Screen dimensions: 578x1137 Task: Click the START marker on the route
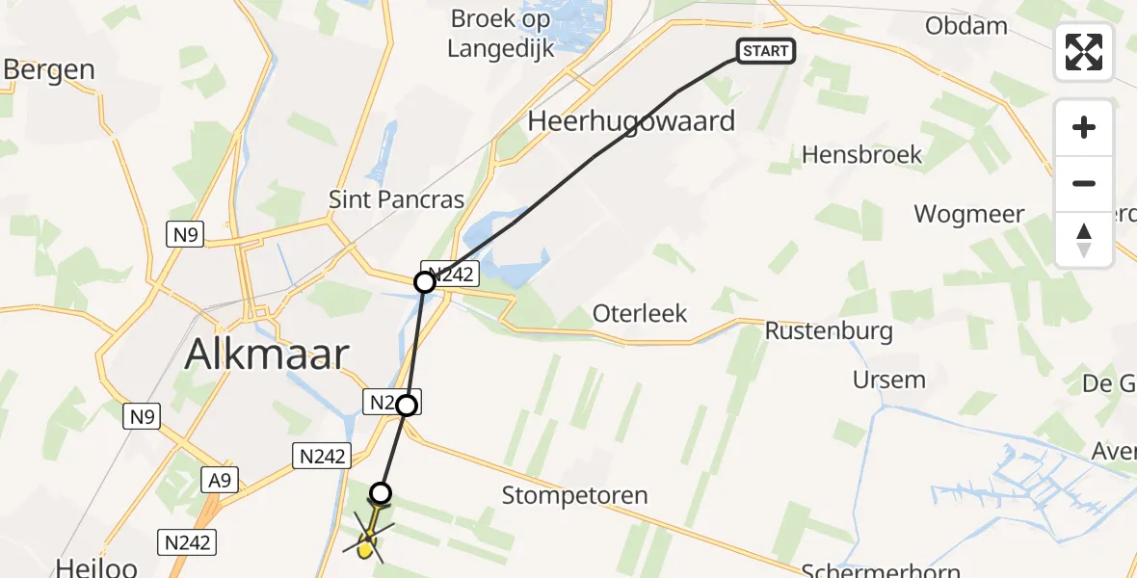766,51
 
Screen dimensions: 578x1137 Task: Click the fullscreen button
1084,51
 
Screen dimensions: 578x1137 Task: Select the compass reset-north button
1084,240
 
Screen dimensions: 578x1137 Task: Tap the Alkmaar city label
266,355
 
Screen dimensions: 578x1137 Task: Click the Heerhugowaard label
631,121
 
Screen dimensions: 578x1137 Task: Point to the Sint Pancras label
396,200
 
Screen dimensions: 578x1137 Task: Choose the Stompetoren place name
574,496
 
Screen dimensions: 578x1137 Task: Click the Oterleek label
640,314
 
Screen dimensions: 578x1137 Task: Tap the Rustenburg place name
829,331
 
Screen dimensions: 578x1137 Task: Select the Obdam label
965,26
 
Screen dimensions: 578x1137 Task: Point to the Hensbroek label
861,154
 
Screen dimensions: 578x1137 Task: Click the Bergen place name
49,69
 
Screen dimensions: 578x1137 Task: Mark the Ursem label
888,380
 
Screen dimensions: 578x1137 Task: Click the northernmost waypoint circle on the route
425,282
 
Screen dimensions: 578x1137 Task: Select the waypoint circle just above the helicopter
382,493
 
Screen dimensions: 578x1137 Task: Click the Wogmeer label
968,214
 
